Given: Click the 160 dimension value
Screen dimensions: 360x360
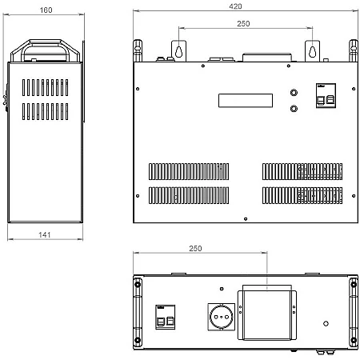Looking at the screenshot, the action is click(x=46, y=10).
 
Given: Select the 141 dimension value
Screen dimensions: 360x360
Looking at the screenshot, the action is click(x=45, y=234).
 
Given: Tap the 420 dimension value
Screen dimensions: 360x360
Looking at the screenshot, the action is click(x=235, y=6).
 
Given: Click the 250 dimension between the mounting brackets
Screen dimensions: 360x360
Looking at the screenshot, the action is click(x=243, y=24).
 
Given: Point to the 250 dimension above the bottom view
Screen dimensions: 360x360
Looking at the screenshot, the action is click(x=195, y=249).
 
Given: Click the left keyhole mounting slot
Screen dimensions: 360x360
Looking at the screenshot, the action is click(x=178, y=51).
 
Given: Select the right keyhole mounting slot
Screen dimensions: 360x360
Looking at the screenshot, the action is click(x=312, y=51).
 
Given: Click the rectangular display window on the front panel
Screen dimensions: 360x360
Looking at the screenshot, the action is click(x=246, y=101).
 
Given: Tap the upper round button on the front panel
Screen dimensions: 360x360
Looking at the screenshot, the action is click(x=294, y=93).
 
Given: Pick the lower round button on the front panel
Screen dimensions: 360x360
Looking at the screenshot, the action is click(x=294, y=109).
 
